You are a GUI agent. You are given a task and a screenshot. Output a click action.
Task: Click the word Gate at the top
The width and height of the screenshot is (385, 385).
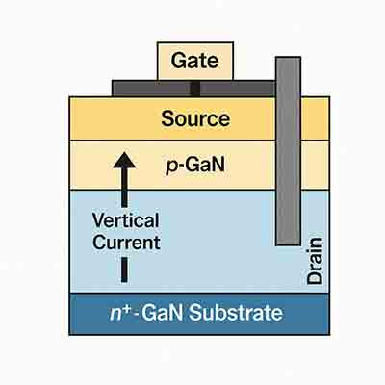(x=194, y=62)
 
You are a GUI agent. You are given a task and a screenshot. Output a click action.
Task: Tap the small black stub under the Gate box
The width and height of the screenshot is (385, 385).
(x=194, y=89)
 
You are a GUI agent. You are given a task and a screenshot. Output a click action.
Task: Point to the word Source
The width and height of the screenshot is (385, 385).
(x=195, y=119)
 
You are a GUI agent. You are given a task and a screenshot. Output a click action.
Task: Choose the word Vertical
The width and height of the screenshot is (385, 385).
(x=126, y=220)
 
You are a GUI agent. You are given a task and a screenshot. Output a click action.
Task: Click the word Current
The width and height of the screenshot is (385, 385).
(x=126, y=243)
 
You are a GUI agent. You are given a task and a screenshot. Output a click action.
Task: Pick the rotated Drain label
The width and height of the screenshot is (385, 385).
(x=315, y=261)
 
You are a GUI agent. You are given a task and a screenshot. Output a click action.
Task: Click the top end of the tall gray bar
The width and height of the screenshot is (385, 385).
(x=287, y=62)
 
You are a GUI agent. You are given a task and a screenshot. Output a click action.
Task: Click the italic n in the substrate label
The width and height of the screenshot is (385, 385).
(x=115, y=315)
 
